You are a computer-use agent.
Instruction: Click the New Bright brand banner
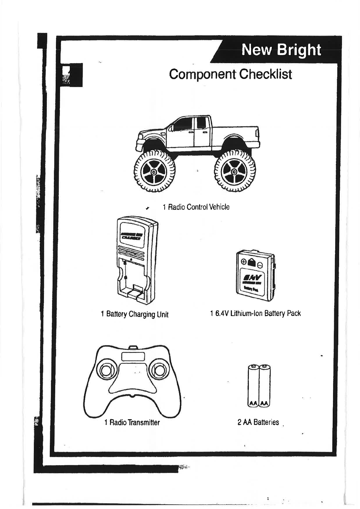(281, 50)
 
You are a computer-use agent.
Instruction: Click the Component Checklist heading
(230, 74)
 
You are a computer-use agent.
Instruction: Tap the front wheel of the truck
(154, 171)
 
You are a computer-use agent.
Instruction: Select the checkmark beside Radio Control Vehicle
(147, 208)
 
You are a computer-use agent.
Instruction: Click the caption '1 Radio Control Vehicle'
(196, 207)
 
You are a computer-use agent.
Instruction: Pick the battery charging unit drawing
(136, 260)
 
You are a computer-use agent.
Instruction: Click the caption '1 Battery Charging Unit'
(134, 314)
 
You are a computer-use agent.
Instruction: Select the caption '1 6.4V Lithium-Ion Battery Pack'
(255, 313)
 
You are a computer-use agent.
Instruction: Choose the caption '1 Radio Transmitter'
(132, 422)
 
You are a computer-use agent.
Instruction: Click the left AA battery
(253, 386)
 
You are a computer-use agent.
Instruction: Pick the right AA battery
(264, 386)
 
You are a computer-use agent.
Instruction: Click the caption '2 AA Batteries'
(258, 422)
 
